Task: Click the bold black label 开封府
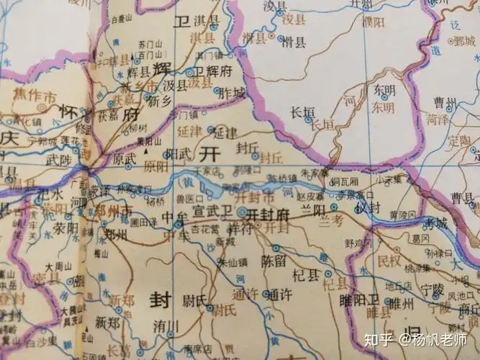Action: tap(267, 215)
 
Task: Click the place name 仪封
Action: tap(368, 207)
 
